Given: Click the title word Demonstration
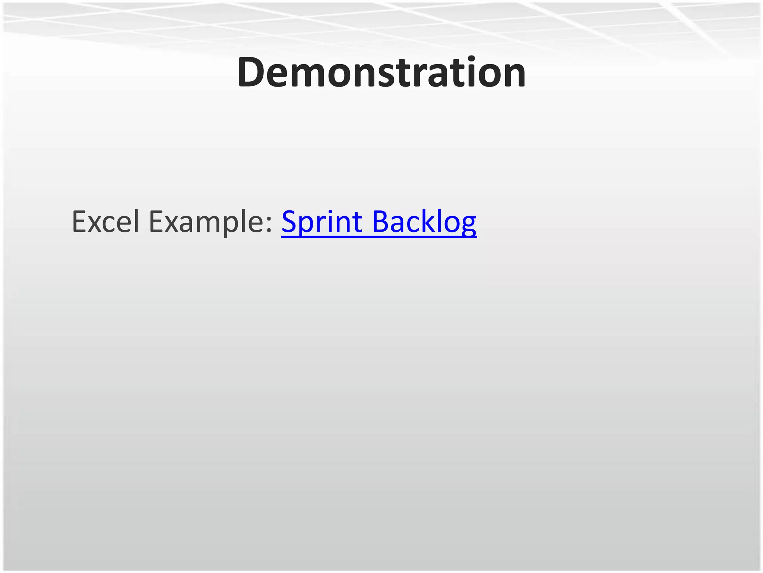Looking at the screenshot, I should pos(381,72).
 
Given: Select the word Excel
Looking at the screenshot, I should pos(105,222).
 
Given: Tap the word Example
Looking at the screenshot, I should pos(207,222).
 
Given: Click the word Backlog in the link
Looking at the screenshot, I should pos(424,222).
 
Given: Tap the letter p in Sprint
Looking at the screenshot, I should pos(308,226).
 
